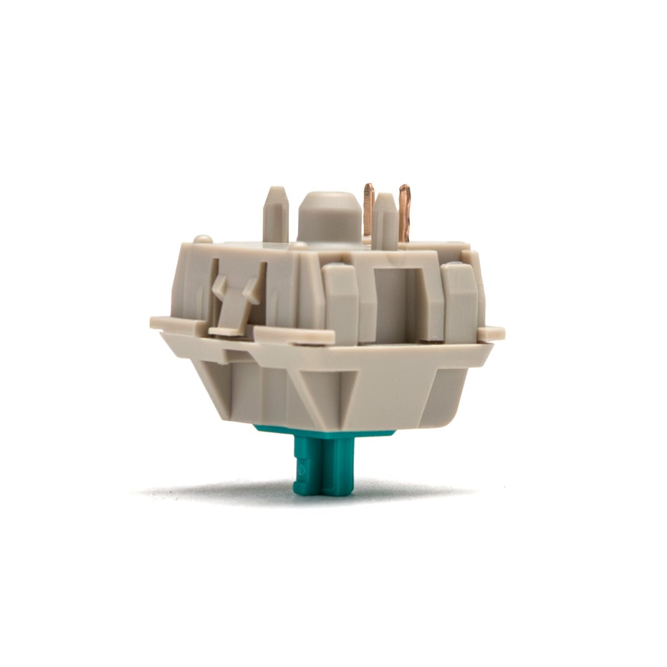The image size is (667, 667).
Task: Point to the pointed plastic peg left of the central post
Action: click(276, 214)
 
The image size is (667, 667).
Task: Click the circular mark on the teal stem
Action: click(304, 468)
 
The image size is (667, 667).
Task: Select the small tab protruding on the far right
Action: click(491, 332)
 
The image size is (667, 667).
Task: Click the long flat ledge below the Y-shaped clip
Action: click(295, 334)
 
